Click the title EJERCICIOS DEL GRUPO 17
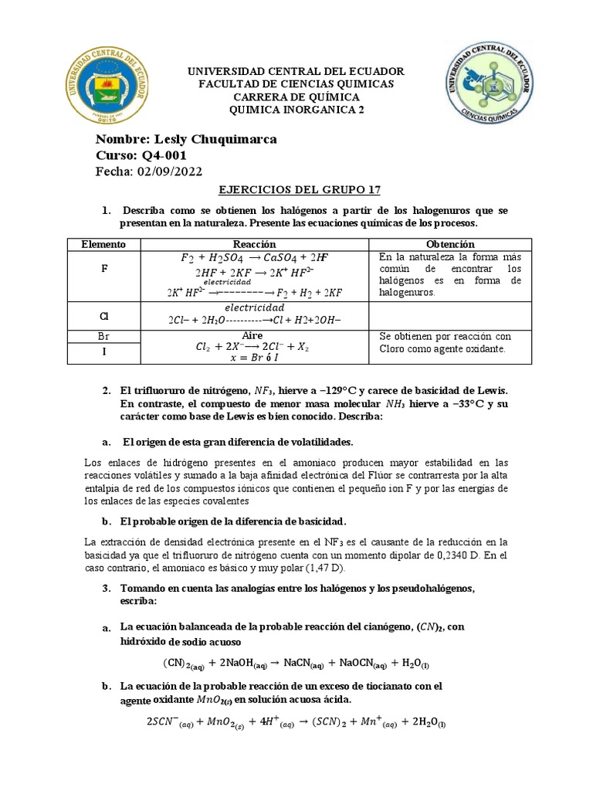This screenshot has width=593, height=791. click(x=296, y=190)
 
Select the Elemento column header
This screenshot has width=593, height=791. click(x=103, y=244)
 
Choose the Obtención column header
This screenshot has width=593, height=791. click(x=449, y=244)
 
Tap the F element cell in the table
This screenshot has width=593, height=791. click(x=103, y=271)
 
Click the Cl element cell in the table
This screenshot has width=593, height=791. click(x=103, y=315)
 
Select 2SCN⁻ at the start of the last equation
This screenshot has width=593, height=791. click(x=167, y=722)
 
